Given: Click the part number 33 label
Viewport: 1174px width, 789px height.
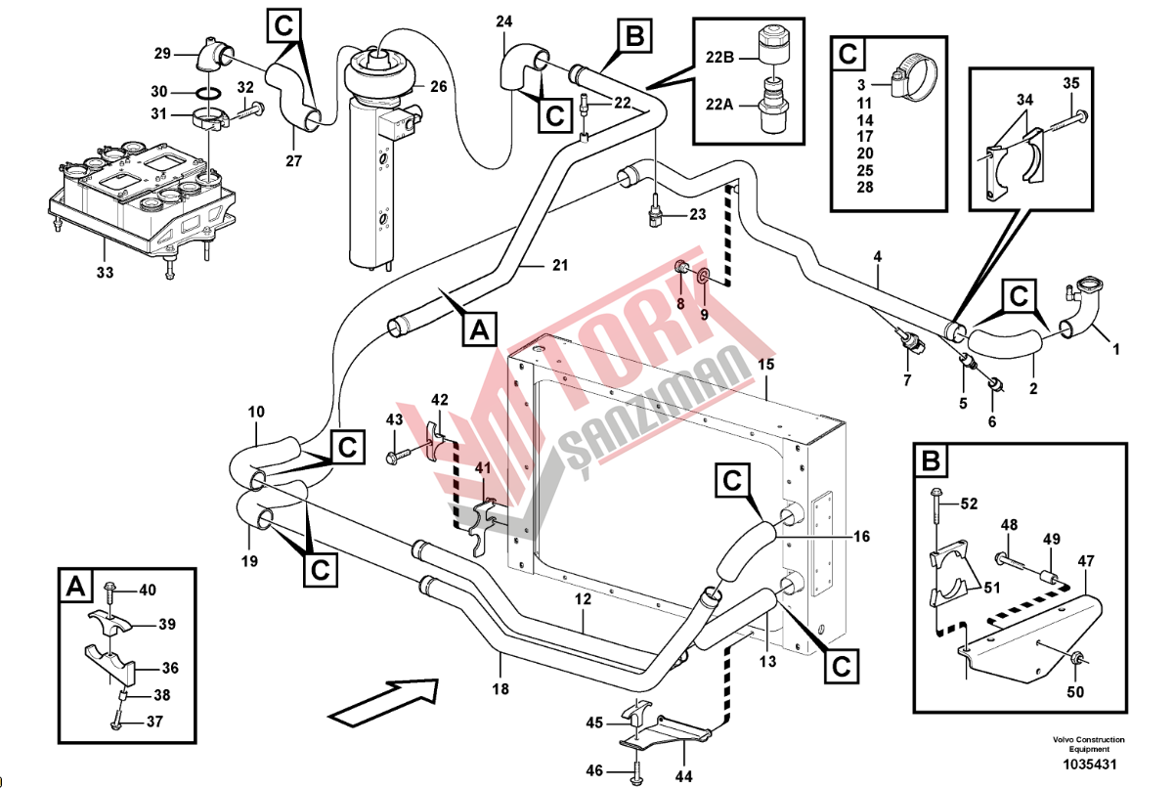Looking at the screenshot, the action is (105, 273).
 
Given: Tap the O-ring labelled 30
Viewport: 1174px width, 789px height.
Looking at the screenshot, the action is (208, 93).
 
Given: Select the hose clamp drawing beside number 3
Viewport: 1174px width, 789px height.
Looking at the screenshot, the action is (913, 77).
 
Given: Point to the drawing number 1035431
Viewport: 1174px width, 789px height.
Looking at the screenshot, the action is (1090, 765).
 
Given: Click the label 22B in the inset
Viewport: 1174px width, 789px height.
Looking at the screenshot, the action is (719, 57).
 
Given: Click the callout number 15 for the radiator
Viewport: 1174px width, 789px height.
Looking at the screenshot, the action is (765, 365).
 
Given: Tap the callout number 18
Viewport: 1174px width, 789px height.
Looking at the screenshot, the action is (500, 689).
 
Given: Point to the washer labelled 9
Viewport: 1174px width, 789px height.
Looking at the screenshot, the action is (704, 274).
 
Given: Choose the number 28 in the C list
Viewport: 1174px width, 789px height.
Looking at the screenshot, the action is (865, 187).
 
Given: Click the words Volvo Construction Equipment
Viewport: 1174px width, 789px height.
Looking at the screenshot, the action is (1089, 744).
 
